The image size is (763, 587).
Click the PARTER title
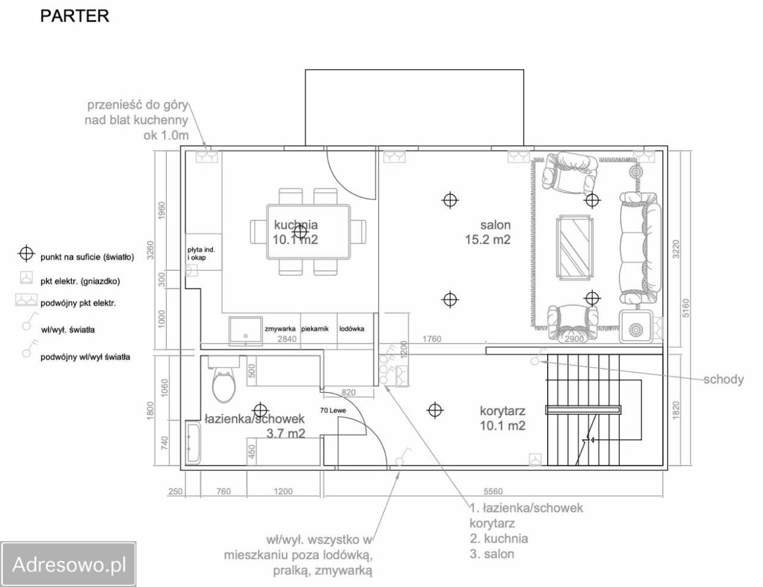click(75, 16)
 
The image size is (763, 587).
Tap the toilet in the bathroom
click(224, 380)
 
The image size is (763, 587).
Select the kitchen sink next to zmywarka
click(245, 331)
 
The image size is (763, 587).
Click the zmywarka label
click(280, 329)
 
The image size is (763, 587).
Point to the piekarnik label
click(315, 329)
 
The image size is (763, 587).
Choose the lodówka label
click(352, 329)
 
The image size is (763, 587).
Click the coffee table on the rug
click(575, 248)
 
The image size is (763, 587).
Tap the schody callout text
click(723, 380)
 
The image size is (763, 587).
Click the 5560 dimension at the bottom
click(493, 491)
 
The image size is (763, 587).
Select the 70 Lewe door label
click(333, 410)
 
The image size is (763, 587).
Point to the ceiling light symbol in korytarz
click(435, 410)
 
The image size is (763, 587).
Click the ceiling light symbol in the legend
click(26, 254)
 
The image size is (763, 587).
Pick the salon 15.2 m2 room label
click(488, 232)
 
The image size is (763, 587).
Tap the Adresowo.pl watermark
click(69, 565)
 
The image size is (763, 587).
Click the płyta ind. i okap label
click(201, 254)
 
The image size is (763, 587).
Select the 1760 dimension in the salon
click(432, 339)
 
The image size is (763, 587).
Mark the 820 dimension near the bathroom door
click(348, 392)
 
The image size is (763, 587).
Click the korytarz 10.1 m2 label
click(503, 418)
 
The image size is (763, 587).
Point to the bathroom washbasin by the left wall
click(193, 443)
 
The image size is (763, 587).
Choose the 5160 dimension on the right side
click(685, 308)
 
